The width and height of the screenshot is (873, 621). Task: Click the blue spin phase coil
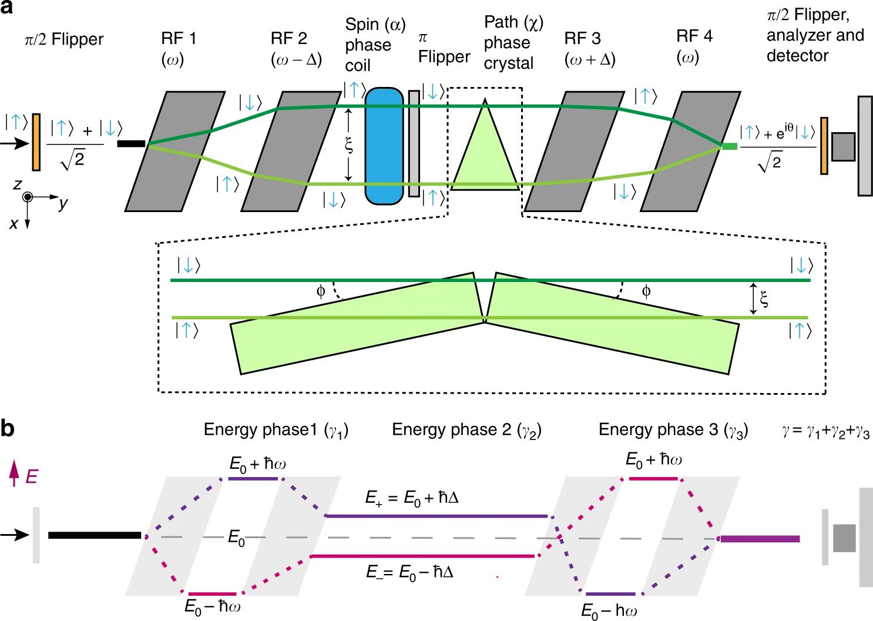[x=384, y=146]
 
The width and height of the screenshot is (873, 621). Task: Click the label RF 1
[x=179, y=39]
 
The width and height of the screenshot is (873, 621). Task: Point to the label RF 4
[x=694, y=36]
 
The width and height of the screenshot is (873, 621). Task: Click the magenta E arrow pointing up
[x=14, y=474]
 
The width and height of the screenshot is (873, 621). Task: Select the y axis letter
[x=63, y=204]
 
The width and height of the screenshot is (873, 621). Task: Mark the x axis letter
[x=14, y=224]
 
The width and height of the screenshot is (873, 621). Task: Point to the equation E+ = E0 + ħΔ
[x=411, y=498]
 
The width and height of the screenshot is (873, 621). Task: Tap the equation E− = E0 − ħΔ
[x=409, y=572]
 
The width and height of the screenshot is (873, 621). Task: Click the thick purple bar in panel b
[x=760, y=539]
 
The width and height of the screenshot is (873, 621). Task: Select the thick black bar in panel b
[x=95, y=535]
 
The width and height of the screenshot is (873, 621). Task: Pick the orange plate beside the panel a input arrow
[x=36, y=142]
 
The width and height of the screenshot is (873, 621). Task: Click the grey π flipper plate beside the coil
[x=414, y=144]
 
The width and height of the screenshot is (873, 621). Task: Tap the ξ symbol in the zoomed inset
[x=764, y=300]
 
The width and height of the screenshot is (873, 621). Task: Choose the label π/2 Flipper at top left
[x=64, y=40]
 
